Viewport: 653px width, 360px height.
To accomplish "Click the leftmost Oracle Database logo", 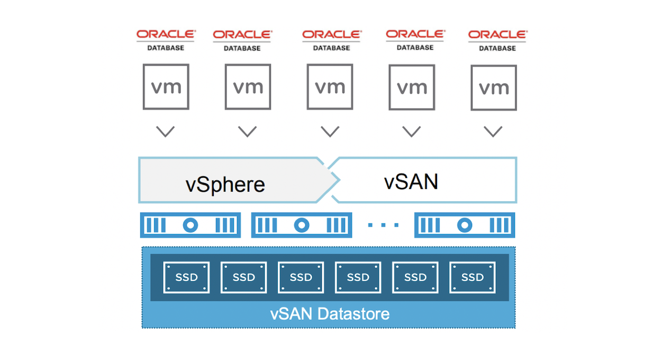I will coord(166,40).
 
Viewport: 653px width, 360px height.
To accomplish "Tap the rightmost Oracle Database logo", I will coord(497,40).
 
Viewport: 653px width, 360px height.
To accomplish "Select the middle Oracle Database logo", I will coord(332,40).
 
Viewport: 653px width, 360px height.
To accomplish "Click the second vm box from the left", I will coord(248,87).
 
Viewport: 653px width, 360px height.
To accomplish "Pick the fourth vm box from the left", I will coord(412,87).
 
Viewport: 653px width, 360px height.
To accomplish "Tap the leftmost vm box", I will coord(166,87).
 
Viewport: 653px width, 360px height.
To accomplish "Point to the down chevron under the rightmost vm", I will coord(493,131).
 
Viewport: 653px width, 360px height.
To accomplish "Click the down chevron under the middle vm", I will coord(330,131).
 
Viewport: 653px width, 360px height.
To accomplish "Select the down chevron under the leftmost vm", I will coord(166,131).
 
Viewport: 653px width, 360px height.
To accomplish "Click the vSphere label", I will coord(225,184).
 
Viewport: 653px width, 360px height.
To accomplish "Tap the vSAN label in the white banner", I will coord(411,182).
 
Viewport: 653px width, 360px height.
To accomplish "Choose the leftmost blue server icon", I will coord(190,226).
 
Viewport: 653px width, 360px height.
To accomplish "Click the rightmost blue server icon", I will coord(465,226).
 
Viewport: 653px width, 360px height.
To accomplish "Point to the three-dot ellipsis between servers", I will coord(383,226).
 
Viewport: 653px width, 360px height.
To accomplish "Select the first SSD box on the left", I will coord(186,277).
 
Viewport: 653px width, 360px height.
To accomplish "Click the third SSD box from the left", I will coord(301,277).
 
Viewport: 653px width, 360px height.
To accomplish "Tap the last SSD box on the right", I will coord(473,277).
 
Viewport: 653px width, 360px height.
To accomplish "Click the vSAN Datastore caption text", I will coord(330,314).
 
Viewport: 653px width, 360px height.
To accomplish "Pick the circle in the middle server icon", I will coord(302,226).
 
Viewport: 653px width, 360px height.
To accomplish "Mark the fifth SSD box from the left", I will coord(415,277).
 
